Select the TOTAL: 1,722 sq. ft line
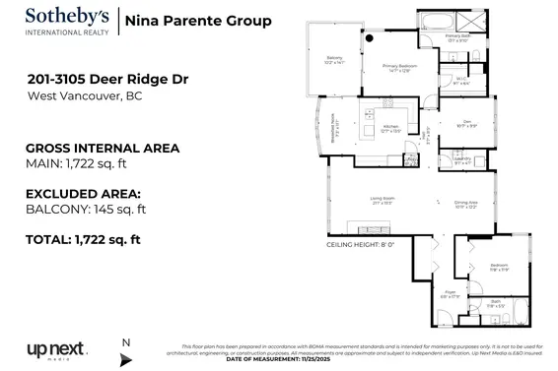point(85,239)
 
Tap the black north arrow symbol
point(125,359)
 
